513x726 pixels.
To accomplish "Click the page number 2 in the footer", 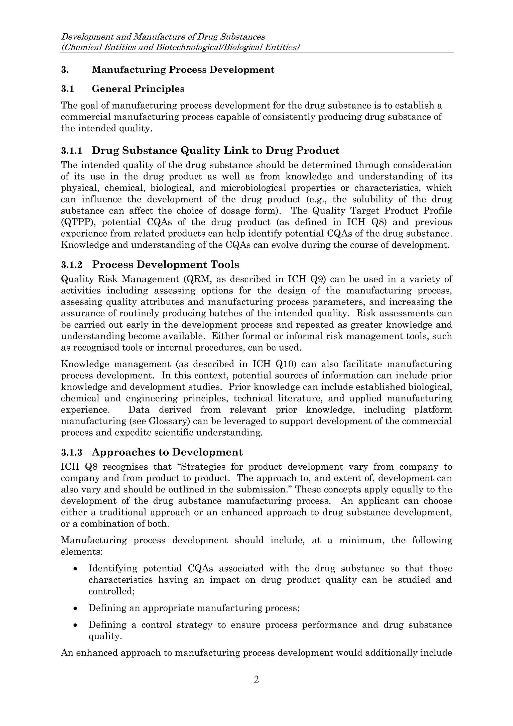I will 256,679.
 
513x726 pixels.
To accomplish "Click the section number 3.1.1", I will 71,151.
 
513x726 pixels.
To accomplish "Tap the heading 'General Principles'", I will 138,89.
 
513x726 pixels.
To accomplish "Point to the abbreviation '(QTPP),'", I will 78,222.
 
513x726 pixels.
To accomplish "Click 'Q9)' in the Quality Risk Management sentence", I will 317,279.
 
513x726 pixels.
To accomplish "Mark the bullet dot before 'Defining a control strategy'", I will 75,625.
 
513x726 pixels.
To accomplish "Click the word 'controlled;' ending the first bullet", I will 111,591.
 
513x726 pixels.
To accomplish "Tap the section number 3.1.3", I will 71,453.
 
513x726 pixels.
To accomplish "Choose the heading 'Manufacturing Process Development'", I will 183,70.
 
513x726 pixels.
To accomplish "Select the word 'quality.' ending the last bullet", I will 105,636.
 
